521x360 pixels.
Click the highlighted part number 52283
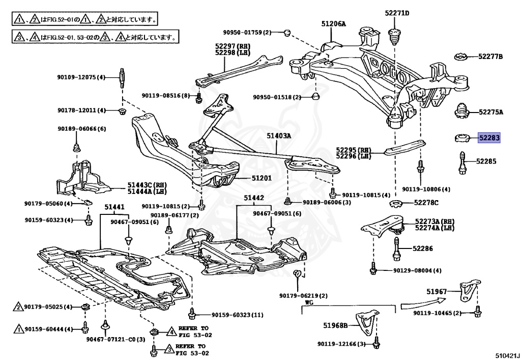click(489, 137)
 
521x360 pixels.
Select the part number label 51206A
click(333, 23)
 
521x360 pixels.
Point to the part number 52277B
click(490, 56)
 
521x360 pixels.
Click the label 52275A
click(490, 112)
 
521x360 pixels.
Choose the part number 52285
click(486, 161)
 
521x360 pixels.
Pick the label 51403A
click(278, 136)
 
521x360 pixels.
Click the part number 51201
click(262, 178)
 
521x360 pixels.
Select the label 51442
click(253, 197)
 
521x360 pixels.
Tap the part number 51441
click(114, 207)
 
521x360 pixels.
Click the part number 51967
click(437, 291)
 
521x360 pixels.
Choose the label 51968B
click(335, 325)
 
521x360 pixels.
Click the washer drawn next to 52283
click(462, 137)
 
